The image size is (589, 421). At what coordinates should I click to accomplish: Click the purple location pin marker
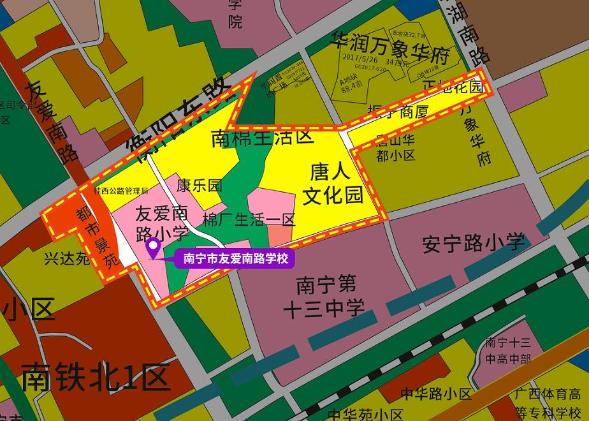pos(154,246)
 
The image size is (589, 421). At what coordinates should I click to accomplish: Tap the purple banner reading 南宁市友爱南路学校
pos(236,259)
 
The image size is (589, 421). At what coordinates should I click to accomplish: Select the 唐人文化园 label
pos(332,183)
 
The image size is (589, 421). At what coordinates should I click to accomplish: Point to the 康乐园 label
pos(200,186)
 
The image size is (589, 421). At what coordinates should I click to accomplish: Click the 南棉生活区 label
pos(263,137)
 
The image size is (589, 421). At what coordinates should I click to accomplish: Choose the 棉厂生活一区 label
pos(249,220)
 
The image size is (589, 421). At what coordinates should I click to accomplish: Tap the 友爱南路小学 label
pos(162,223)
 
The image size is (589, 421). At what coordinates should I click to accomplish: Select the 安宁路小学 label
pos(474,242)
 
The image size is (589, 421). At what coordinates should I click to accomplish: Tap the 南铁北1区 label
pos(96,376)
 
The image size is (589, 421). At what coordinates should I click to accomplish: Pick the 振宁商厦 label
pos(396,114)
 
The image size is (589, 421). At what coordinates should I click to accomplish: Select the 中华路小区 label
pos(436,394)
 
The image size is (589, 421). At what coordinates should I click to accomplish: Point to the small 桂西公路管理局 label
pos(120,190)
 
